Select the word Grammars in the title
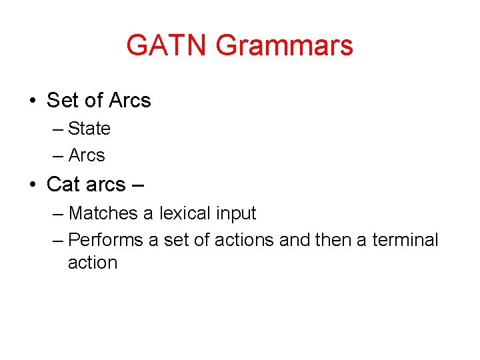click(x=285, y=45)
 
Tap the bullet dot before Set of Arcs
click(x=32, y=101)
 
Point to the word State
click(x=89, y=128)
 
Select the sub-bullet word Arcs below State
click(x=87, y=155)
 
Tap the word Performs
click(x=105, y=239)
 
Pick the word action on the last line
click(x=93, y=263)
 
